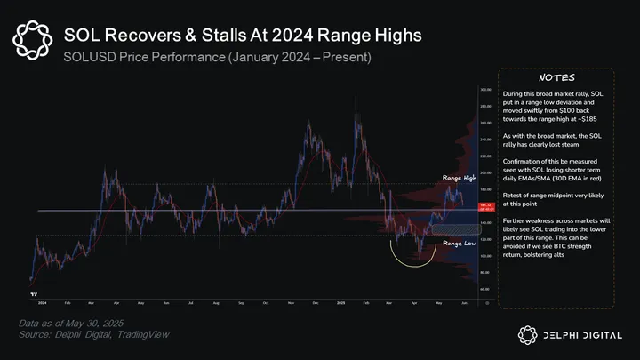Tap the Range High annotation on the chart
click(460, 179)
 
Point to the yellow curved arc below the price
click(414, 260)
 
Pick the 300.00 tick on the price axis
click(485, 90)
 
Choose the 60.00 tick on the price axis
click(485, 289)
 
